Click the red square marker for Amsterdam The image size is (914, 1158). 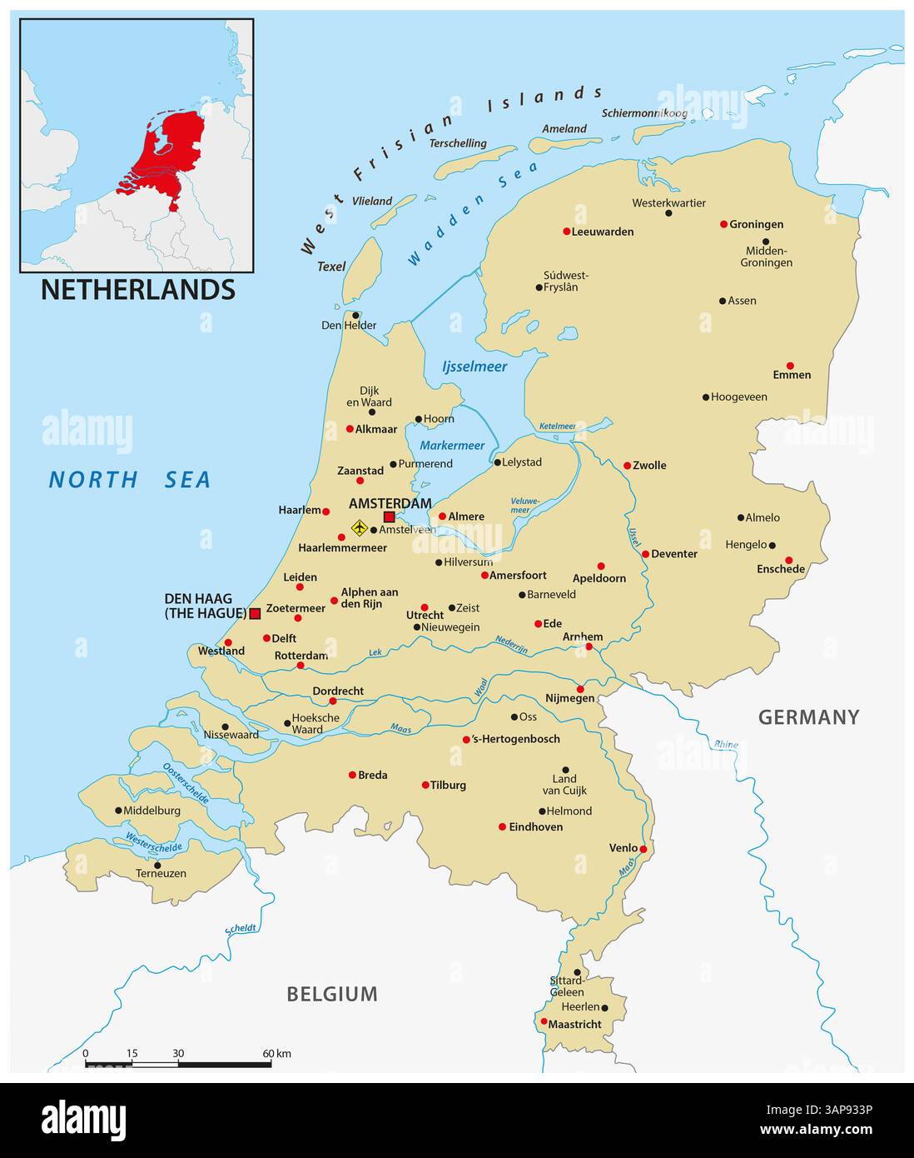(x=389, y=517)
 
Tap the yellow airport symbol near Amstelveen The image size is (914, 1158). (x=359, y=527)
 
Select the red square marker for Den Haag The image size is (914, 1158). (x=255, y=614)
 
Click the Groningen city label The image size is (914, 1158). (x=756, y=224)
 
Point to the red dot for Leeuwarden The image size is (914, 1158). (x=567, y=232)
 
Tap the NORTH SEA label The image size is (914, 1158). (x=129, y=480)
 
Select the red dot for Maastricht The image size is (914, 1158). (x=544, y=1021)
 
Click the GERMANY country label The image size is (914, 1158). (x=808, y=717)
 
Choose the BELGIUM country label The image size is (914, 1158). (x=332, y=994)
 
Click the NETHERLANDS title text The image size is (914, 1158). (x=137, y=290)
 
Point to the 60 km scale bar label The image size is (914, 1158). (x=278, y=1054)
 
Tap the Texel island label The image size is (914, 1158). (x=331, y=267)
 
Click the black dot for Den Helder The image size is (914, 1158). (x=355, y=316)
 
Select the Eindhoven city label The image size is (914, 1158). (x=535, y=827)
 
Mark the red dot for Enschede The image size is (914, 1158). (x=788, y=560)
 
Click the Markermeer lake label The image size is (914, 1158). (x=452, y=446)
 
